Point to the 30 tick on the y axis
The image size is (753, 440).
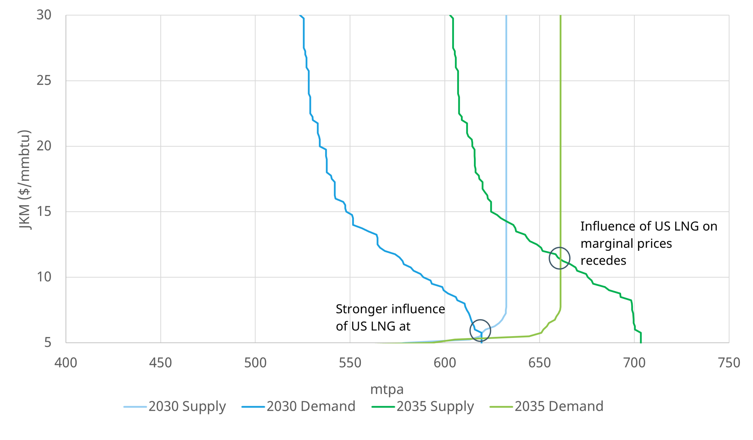pos(44,15)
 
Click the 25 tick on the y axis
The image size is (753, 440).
pos(44,81)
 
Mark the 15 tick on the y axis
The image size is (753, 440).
pos(44,212)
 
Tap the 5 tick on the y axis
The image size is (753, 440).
pos(48,343)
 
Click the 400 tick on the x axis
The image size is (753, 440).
pos(66,363)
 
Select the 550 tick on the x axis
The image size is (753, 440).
pos(350,363)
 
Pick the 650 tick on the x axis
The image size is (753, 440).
pos(539,363)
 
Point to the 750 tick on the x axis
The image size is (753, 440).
pos(729,363)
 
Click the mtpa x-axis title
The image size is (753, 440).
pos(387,389)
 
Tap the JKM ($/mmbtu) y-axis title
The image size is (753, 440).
pos(24,179)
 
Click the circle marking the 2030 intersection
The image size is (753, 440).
pos(480,330)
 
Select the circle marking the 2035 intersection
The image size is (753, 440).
pos(559,258)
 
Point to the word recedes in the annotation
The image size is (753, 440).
pos(603,261)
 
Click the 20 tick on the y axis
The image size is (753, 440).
pos(44,146)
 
